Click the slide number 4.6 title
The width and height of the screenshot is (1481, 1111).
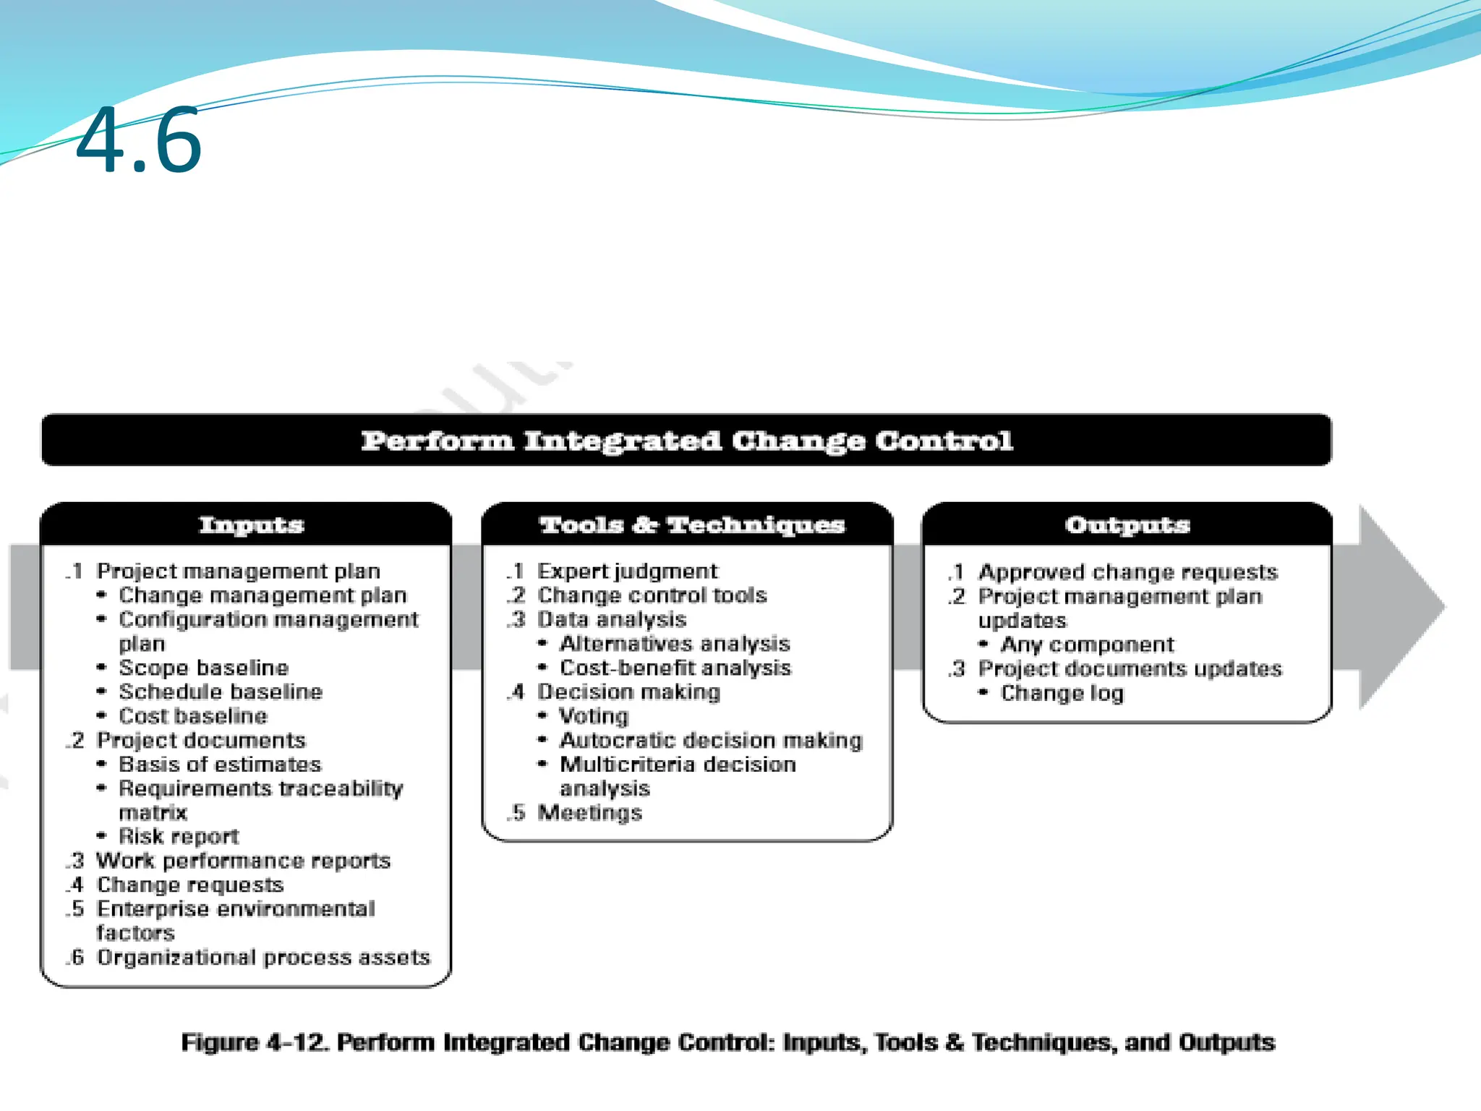(x=138, y=140)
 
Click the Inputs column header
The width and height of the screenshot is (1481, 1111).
(x=251, y=524)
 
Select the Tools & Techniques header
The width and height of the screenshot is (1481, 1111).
(x=691, y=524)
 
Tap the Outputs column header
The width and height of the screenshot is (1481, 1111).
(x=1127, y=524)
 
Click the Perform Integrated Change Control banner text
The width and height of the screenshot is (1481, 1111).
(x=686, y=440)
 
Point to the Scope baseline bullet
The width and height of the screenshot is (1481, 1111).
(x=203, y=668)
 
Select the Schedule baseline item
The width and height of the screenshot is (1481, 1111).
(x=221, y=692)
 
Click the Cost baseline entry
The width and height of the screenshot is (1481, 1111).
(x=193, y=716)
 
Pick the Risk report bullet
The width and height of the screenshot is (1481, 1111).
(x=179, y=836)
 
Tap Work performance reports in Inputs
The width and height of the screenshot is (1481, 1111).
(x=244, y=861)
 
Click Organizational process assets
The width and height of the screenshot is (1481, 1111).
(x=263, y=957)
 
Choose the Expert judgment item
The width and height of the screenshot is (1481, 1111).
(x=627, y=571)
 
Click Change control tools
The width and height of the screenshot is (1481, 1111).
(x=652, y=595)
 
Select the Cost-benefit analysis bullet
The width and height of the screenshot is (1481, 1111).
(x=675, y=668)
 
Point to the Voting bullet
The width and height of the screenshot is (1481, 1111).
(x=594, y=716)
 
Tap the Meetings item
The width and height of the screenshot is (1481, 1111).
(x=589, y=812)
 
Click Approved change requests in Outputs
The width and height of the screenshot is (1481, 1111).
(x=1127, y=572)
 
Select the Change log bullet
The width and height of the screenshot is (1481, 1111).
(x=1062, y=693)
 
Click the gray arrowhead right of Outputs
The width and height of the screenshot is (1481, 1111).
(x=1399, y=608)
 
